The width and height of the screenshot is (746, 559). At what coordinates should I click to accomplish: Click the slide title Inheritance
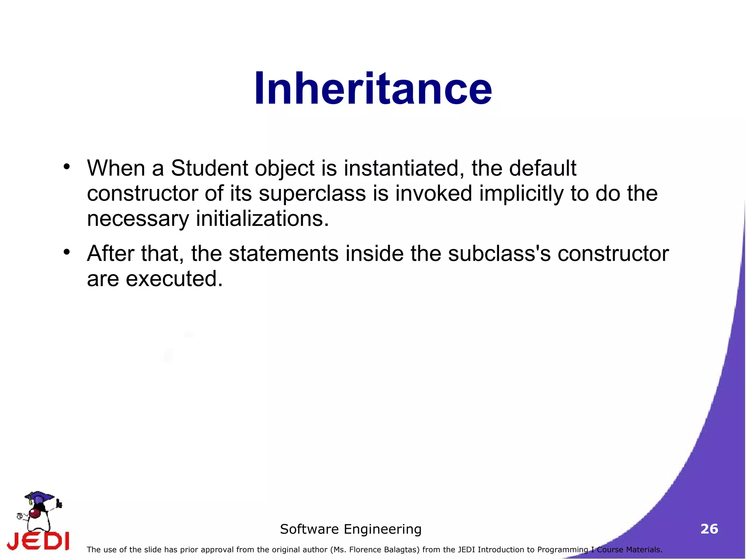[x=373, y=88]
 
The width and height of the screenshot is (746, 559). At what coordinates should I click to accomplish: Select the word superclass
[x=312, y=193]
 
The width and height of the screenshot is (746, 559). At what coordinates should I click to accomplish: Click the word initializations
[x=262, y=219]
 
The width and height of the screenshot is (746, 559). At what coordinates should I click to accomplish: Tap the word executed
[x=174, y=279]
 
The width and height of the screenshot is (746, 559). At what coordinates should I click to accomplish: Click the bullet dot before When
[x=66, y=167]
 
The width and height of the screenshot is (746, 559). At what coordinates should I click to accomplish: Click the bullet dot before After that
[x=66, y=252]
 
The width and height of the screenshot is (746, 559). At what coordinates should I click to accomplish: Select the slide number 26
[x=709, y=529]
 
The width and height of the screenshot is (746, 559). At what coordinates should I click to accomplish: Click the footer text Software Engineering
[x=350, y=529]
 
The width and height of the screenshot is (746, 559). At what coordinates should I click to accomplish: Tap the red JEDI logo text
[x=38, y=541]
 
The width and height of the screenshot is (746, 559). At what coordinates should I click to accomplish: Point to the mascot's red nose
[x=35, y=513]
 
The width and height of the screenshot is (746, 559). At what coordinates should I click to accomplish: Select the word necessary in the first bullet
[x=138, y=219]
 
